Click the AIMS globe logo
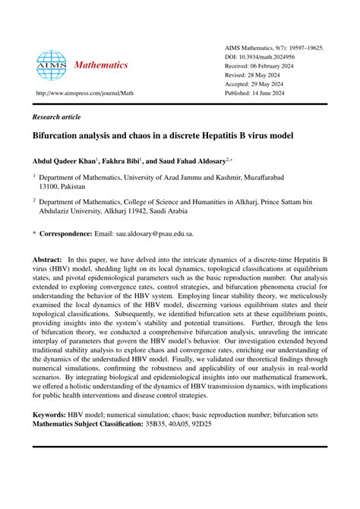tap(52, 65)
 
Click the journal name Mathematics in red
tap(100, 65)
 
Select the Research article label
tap(61, 119)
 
